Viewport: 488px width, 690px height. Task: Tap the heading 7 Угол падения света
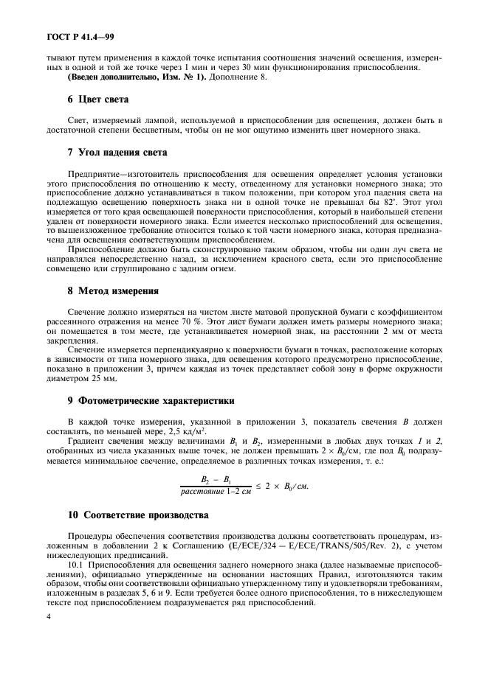pyautogui.click(x=117, y=153)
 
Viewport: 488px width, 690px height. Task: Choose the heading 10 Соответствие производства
pyautogui.click(x=138, y=514)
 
